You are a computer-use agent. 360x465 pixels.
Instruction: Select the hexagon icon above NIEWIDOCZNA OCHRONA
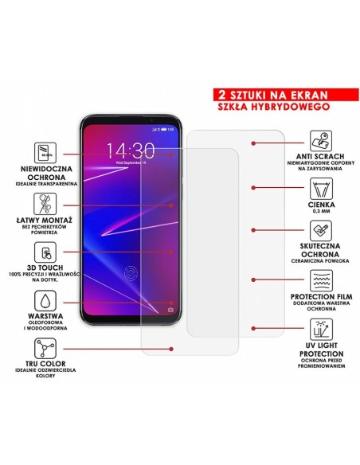[x=45, y=151]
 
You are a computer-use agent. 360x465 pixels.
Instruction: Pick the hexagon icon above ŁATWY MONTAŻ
[x=45, y=201]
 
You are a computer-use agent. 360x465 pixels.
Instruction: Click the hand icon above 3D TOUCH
[x=45, y=251]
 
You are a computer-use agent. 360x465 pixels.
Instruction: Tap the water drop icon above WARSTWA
[x=45, y=300]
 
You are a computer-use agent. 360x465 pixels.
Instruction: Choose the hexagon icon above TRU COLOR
[x=45, y=349]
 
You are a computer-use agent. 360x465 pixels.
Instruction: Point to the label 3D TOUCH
[x=45, y=268]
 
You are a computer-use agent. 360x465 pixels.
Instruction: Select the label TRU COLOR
[x=45, y=365]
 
